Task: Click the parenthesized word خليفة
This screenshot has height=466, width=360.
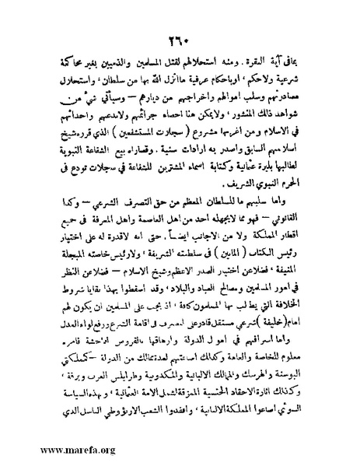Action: (289, 312)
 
